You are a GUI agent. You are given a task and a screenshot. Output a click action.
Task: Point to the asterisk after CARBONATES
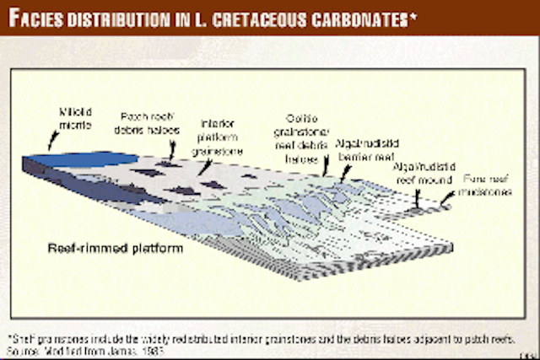pyautogui.click(x=412, y=14)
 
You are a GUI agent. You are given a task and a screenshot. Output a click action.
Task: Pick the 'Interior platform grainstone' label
pyautogui.click(x=217, y=136)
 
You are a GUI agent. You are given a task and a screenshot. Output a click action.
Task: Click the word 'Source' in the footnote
pyautogui.click(x=23, y=343)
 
